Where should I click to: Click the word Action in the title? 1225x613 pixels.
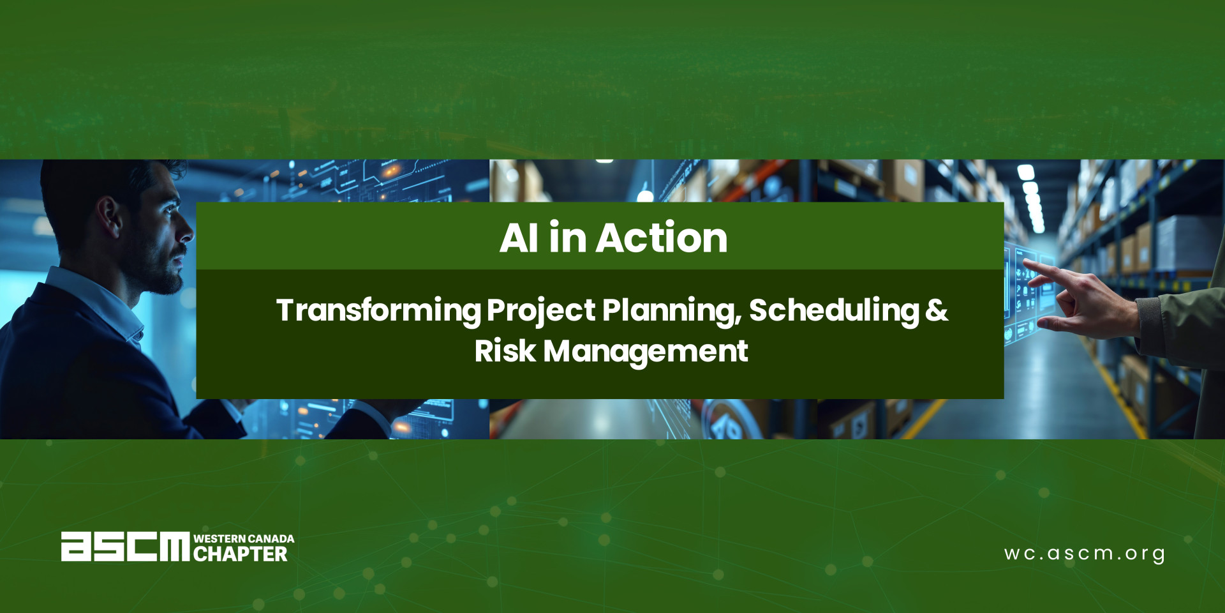(x=662, y=238)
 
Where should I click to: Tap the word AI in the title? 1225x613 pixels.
(x=519, y=238)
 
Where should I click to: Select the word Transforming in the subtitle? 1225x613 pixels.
(x=378, y=311)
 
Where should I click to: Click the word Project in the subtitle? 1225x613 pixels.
(x=541, y=311)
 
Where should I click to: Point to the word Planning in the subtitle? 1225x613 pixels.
(x=672, y=311)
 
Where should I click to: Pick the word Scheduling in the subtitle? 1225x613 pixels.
(x=834, y=311)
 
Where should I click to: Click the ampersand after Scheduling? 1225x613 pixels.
(x=937, y=310)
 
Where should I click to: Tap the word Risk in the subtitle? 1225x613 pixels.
(x=505, y=351)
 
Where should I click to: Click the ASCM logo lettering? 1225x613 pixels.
(x=126, y=547)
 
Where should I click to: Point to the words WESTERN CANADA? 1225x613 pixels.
(x=244, y=539)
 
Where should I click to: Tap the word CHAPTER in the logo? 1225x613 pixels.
(x=241, y=554)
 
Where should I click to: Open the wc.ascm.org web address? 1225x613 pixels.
(x=1085, y=554)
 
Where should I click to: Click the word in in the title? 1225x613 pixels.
(x=567, y=238)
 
